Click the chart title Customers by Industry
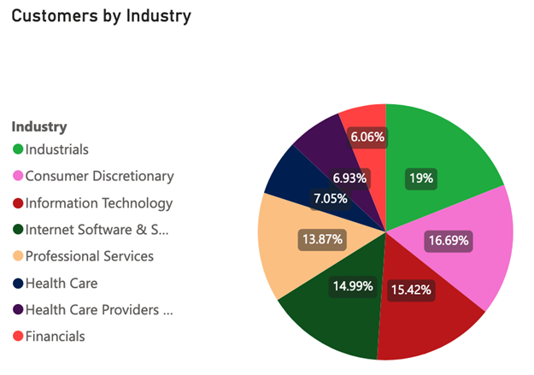(x=101, y=16)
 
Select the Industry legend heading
(x=38, y=126)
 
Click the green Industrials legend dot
(x=17, y=150)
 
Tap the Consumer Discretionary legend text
(x=99, y=176)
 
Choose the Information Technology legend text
(x=99, y=203)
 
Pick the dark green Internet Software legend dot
(x=17, y=230)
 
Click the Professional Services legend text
(x=90, y=256)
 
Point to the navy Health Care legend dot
(x=17, y=283)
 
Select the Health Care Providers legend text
(x=99, y=310)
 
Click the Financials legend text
(x=56, y=337)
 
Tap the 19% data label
(x=421, y=179)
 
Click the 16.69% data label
(x=448, y=240)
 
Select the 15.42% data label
(x=410, y=290)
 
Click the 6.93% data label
(x=350, y=178)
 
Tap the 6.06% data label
(x=367, y=136)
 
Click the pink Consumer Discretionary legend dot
(x=17, y=177)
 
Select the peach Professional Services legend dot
(x=17, y=256)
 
